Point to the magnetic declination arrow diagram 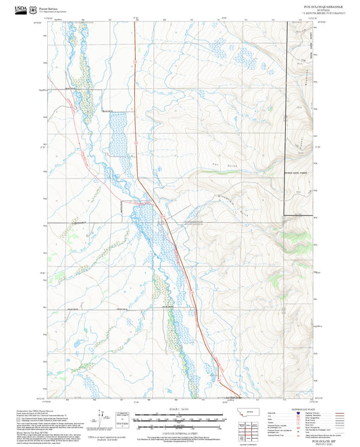point(101,417)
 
